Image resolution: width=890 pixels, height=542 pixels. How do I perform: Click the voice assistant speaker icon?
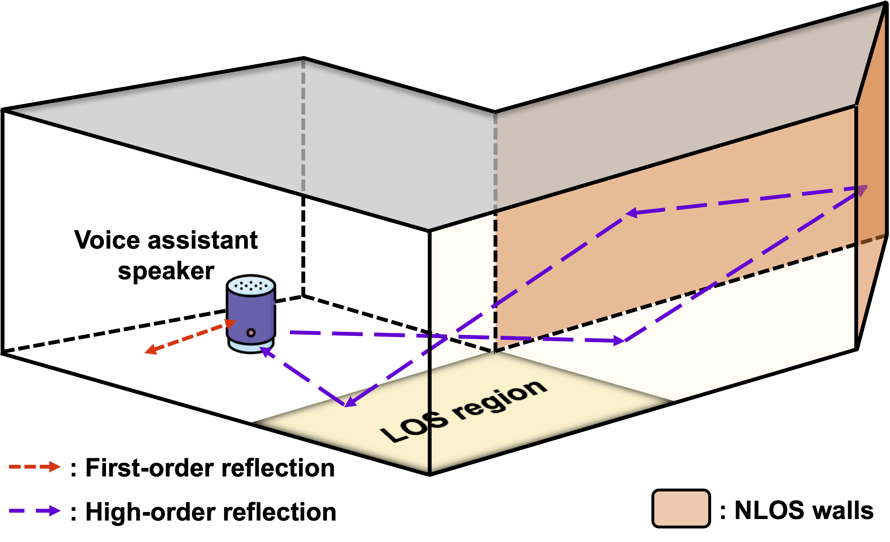(x=251, y=314)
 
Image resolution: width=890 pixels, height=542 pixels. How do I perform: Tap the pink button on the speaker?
(x=251, y=332)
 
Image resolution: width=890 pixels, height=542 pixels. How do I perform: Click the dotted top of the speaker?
(x=251, y=285)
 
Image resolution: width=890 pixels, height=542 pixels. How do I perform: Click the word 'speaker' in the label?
(x=166, y=271)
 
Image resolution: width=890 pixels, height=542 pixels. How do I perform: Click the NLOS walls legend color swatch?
(x=681, y=508)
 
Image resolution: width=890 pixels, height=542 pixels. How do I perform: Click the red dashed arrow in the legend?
(x=34, y=467)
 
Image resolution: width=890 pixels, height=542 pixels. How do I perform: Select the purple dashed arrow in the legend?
(x=34, y=510)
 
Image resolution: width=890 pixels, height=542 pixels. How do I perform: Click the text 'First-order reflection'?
(x=210, y=468)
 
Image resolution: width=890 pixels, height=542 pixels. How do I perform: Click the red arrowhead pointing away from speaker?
(x=150, y=349)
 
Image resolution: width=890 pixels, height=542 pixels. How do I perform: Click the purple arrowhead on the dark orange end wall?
(x=862, y=190)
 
